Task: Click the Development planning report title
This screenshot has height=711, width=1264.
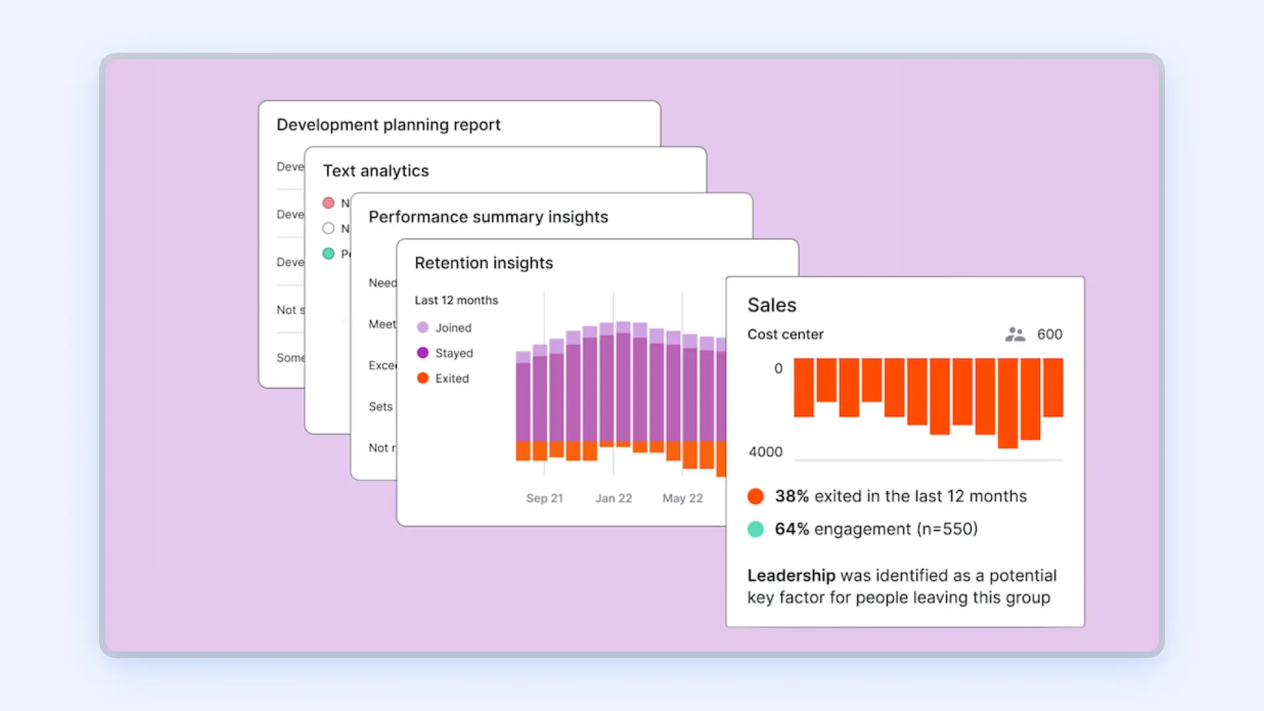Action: point(388,125)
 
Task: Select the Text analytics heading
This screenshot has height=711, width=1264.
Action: point(376,171)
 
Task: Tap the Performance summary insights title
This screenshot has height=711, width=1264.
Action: point(488,217)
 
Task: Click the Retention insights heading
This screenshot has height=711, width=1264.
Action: point(484,263)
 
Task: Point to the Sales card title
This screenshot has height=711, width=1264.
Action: point(772,305)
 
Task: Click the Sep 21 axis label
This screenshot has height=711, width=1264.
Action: point(544,498)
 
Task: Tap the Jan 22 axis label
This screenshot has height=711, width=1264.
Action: point(614,498)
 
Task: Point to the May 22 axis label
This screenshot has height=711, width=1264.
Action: point(683,498)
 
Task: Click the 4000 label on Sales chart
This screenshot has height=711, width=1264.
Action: point(766,452)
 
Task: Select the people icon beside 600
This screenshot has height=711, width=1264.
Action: point(1015,334)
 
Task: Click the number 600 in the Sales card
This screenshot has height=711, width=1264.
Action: point(1049,334)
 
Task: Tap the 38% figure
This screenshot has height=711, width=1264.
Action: point(791,496)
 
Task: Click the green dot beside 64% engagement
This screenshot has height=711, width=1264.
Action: point(756,529)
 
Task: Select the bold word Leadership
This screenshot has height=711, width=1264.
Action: point(791,576)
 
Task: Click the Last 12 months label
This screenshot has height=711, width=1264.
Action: point(456,300)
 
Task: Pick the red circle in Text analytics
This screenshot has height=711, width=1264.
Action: point(329,203)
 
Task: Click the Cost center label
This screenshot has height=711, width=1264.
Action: point(785,334)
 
